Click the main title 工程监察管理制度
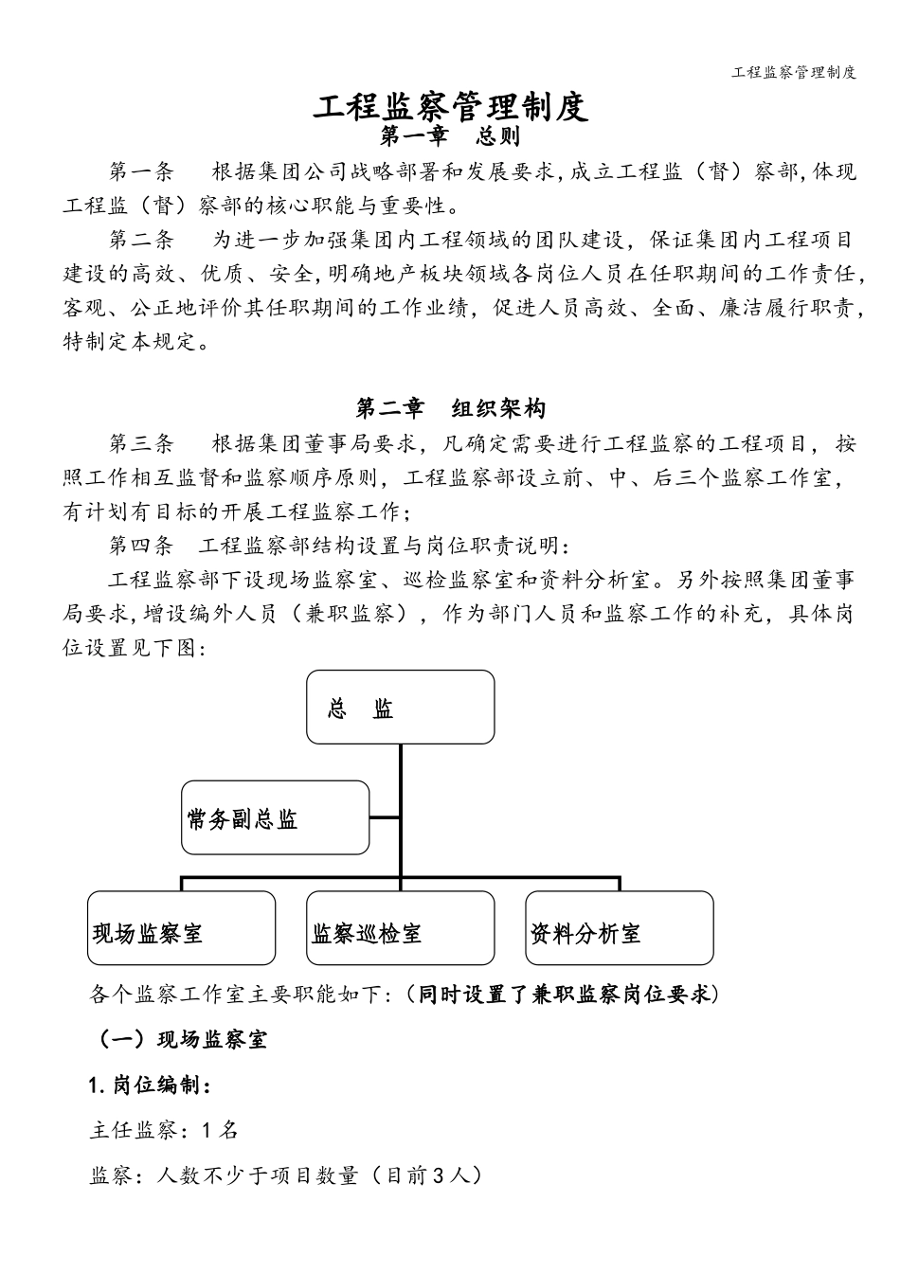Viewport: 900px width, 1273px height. [450, 106]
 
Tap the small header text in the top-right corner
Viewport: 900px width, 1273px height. [795, 72]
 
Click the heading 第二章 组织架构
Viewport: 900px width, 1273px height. [450, 409]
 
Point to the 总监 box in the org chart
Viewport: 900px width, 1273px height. [400, 708]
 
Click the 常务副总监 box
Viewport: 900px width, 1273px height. [275, 817]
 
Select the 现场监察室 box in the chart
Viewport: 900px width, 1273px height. [181, 928]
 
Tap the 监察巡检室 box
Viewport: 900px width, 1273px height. [400, 928]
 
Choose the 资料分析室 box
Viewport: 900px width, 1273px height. [619, 928]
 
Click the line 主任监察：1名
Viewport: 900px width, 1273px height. [163, 1130]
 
